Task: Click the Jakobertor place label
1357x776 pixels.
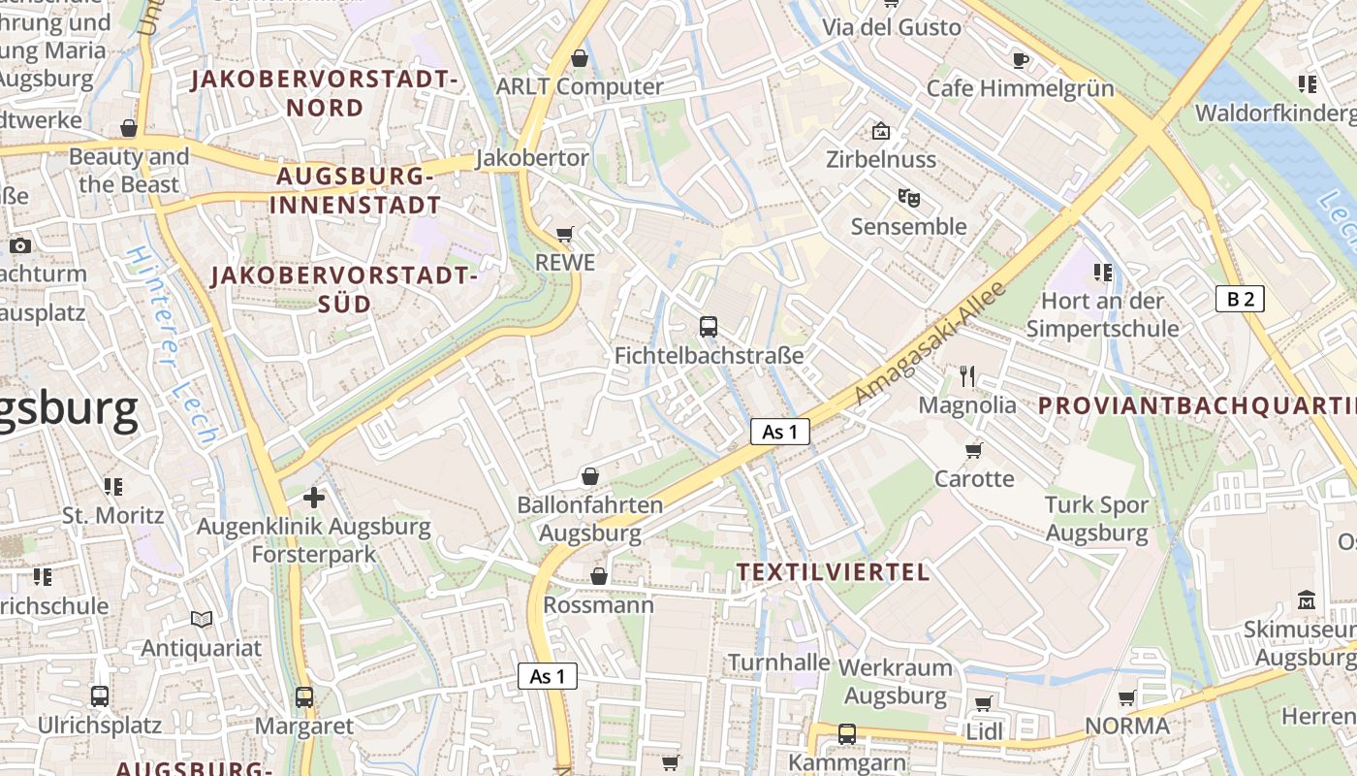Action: [x=532, y=158]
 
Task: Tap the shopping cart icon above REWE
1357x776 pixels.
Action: [x=565, y=234]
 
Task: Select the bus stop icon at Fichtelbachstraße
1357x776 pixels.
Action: [x=709, y=327]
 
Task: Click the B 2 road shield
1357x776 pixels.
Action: [x=1240, y=299]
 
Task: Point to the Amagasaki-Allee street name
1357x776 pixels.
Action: [x=931, y=344]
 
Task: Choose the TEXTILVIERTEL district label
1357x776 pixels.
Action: [x=833, y=572]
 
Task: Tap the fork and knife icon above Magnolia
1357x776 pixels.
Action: [x=967, y=375]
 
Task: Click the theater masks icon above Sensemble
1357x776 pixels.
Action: [x=908, y=198]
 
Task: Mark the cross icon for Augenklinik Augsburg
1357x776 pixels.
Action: [x=314, y=498]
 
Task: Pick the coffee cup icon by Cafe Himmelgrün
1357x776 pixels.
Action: [x=1021, y=60]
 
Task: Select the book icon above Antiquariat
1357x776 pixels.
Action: [x=202, y=619]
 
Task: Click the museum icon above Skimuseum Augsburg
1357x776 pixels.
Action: [x=1307, y=600]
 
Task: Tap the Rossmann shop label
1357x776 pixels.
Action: [x=599, y=605]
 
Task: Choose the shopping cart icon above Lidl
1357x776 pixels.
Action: [x=984, y=703]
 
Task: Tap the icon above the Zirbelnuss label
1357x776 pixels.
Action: [x=881, y=130]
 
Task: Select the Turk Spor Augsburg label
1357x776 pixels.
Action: [x=1096, y=519]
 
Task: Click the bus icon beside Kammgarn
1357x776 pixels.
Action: [x=847, y=734]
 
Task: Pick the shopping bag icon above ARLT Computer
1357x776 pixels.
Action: [x=580, y=58]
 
